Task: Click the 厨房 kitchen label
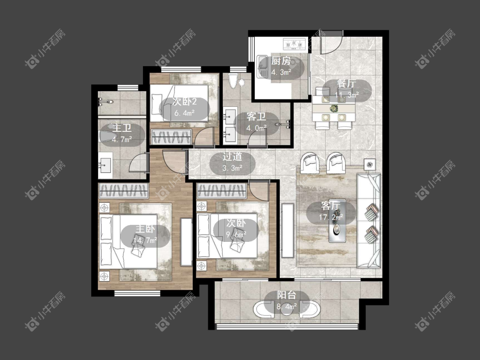[x=281, y=61]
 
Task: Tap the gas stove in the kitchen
[x=294, y=44]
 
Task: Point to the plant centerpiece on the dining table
[x=334, y=108]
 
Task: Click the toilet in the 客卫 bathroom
[x=233, y=81]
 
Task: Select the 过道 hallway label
[x=232, y=157]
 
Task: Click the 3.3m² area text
[x=233, y=168]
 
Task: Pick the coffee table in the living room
[x=337, y=221]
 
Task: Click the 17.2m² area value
[x=331, y=218]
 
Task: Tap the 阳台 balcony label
[x=287, y=295]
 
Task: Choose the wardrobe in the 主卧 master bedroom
[x=123, y=190]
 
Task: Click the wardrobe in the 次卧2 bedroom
[x=172, y=137]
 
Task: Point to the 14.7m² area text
[x=145, y=241]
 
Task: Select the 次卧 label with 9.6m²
[x=236, y=223]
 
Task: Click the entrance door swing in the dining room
[x=332, y=43]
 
